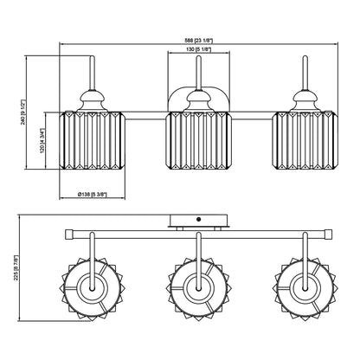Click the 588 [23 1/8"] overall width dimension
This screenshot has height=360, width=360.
point(198,41)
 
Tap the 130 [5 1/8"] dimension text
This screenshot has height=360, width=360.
point(198,49)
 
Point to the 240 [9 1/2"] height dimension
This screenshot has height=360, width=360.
point(23,112)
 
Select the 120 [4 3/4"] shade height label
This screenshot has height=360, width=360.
point(42,141)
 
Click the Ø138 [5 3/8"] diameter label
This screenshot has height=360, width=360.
point(93,195)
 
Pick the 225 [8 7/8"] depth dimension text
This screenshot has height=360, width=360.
point(16,267)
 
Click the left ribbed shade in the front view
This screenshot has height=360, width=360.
point(93,140)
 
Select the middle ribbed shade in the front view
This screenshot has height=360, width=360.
point(199,140)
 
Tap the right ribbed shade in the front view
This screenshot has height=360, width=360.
point(305,140)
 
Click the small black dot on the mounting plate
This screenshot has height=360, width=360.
point(198,220)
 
